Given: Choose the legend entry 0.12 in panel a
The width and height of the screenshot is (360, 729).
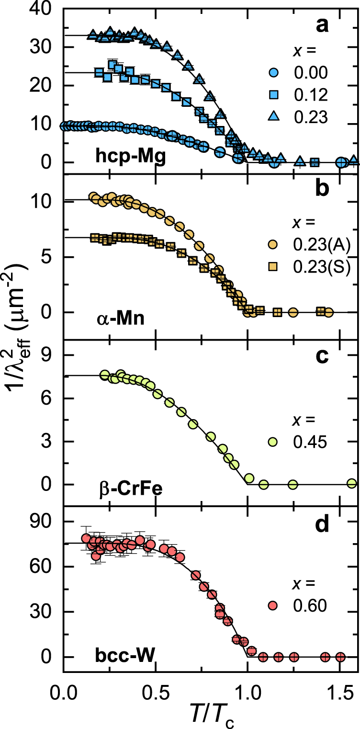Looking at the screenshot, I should coord(311,95).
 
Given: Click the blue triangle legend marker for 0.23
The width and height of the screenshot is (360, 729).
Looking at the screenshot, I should coord(272,117).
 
